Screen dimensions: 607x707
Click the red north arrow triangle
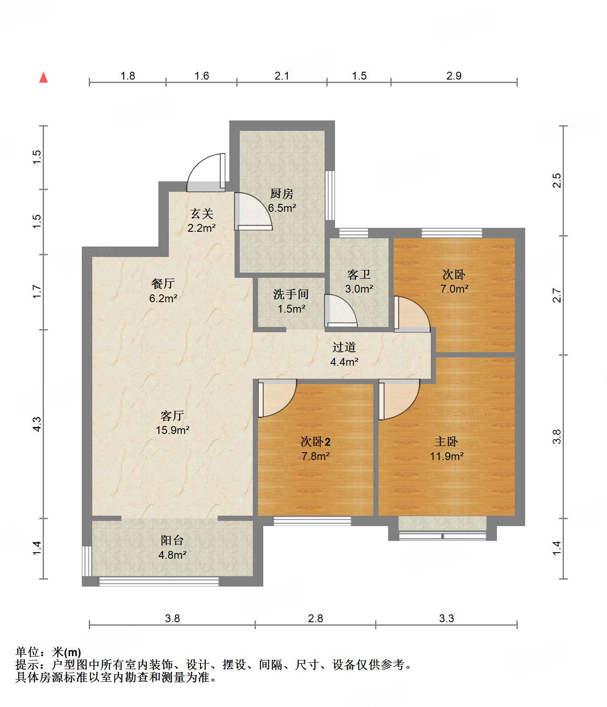pyautogui.click(x=44, y=77)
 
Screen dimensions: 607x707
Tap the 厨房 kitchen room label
pyautogui.click(x=282, y=193)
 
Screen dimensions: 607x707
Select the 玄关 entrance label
pyautogui.click(x=202, y=213)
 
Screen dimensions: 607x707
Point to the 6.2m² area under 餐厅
pyautogui.click(x=163, y=298)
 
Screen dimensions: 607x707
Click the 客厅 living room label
pyautogui.click(x=172, y=416)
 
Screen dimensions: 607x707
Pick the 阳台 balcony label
pyautogui.click(x=172, y=540)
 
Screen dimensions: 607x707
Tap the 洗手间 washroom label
pyautogui.click(x=291, y=294)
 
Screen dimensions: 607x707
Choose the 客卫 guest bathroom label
pyautogui.click(x=359, y=274)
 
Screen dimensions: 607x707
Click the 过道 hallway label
pyautogui.click(x=344, y=347)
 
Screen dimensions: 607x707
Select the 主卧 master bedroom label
pyautogui.click(x=446, y=442)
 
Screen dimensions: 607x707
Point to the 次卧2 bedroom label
pyautogui.click(x=315, y=442)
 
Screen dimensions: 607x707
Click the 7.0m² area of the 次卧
pyautogui.click(x=454, y=289)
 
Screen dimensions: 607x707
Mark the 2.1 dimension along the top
pyautogui.click(x=282, y=76)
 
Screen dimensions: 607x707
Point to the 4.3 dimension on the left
pyautogui.click(x=37, y=424)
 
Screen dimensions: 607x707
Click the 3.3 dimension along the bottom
pyautogui.click(x=446, y=618)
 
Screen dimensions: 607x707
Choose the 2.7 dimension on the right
pyautogui.click(x=557, y=296)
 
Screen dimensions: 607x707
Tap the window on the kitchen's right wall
pyautogui.click(x=330, y=195)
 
